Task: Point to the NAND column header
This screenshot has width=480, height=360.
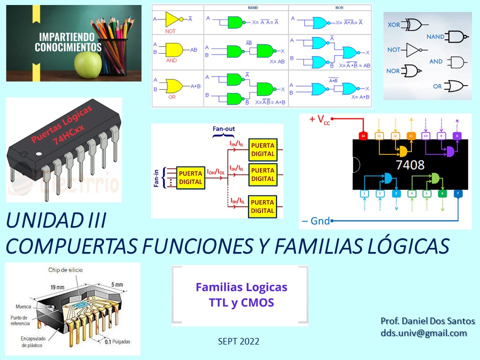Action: coord(246,7)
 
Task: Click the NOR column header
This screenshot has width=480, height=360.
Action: coord(329,7)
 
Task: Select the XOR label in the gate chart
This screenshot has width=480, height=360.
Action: coord(393,24)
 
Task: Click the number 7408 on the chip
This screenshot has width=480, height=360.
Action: coord(410,164)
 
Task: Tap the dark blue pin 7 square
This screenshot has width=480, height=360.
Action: coord(458,193)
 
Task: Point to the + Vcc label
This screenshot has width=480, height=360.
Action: coord(320,119)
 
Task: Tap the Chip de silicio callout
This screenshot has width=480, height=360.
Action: coord(65,270)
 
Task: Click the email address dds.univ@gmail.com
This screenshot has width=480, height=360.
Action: coord(423,333)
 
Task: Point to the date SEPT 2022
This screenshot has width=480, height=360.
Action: coord(238,341)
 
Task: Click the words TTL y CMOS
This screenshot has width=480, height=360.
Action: coord(241,302)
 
